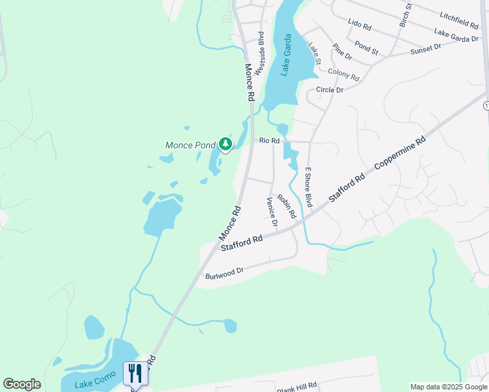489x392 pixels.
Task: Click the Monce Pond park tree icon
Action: pos(226,144)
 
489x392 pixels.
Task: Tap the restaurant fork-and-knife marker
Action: pos(135,373)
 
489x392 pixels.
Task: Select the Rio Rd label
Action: pos(269,140)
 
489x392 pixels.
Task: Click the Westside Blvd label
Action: pos(260,53)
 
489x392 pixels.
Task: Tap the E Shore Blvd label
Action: pos(309,187)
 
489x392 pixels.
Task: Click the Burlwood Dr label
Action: pos(224,272)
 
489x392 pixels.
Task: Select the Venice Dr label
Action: pos(271,212)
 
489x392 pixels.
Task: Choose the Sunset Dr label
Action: pos(426,48)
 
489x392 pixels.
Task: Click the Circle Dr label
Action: pos(329,90)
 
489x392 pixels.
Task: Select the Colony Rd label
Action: pos(343,75)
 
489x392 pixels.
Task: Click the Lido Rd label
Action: pos(360,25)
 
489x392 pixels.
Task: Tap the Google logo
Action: pos(22,384)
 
